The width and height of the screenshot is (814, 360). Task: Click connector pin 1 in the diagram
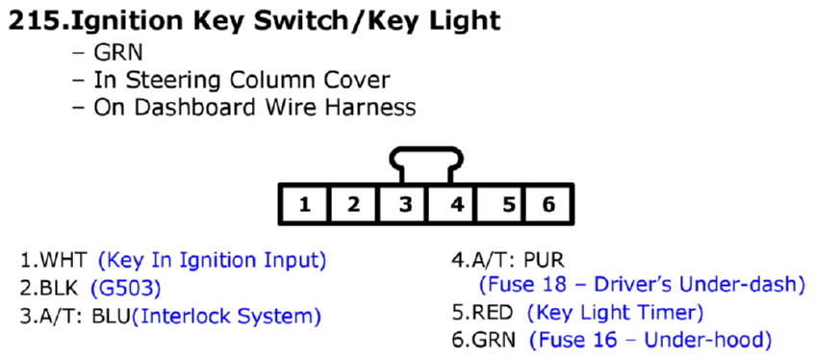pos(304,204)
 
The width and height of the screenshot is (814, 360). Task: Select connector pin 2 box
pos(353,204)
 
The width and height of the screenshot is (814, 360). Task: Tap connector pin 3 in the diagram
pos(404,204)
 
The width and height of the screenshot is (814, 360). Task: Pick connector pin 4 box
pos(455,204)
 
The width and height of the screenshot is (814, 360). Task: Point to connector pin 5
pos(508,204)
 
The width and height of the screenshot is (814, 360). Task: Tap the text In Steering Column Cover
pos(242,81)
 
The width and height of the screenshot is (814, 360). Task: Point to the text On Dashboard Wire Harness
pos(254,107)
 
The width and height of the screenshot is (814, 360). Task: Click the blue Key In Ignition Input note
pos(212,260)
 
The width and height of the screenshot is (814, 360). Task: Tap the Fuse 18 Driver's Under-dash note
pos(642,285)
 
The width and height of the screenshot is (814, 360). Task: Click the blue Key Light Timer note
pos(616,313)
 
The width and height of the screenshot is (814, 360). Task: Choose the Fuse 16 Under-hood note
pos(650,340)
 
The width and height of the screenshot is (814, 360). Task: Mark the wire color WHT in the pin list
pos(65,260)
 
